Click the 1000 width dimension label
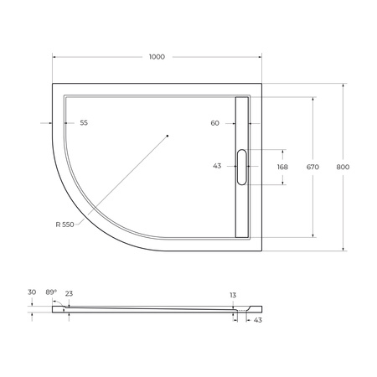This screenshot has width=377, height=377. [x=156, y=57]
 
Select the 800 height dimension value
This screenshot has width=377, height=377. [x=342, y=167]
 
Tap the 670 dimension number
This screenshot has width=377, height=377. [x=312, y=167]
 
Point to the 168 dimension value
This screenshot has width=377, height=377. [x=282, y=167]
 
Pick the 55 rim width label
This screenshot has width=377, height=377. [x=84, y=123]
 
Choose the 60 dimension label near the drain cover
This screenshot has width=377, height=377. [x=215, y=123]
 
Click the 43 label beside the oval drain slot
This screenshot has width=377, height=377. [x=217, y=166]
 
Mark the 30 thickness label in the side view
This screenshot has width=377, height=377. [x=31, y=292]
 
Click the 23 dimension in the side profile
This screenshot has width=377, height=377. [x=69, y=293]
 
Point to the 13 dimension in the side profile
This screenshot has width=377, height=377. [x=233, y=295]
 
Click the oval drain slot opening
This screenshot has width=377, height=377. [x=243, y=166]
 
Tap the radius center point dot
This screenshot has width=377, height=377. [x=167, y=135]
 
